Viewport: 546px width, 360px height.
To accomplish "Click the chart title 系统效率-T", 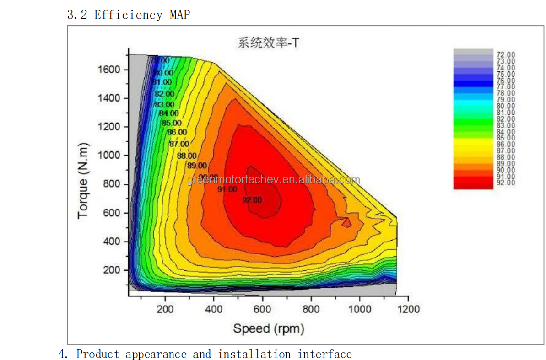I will (x=268, y=43).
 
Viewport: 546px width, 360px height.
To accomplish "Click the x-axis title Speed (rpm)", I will (x=269, y=328).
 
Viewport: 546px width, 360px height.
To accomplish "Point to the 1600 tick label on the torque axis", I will (x=109, y=70).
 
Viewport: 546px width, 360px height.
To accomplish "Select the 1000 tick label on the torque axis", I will (x=109, y=156).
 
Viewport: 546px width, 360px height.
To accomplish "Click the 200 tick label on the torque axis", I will (x=111, y=270).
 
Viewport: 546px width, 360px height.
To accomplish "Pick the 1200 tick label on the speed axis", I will (x=408, y=309).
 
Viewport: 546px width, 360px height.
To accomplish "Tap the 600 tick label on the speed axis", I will (x=262, y=309).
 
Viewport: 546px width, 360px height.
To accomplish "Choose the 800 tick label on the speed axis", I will (x=311, y=309).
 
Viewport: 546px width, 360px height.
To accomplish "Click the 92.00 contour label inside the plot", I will (x=252, y=200).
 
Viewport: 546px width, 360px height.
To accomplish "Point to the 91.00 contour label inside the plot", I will (x=227, y=189).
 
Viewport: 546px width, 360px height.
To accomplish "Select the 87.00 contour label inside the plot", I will (x=179, y=144).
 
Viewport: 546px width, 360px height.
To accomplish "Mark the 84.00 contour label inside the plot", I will (x=169, y=113).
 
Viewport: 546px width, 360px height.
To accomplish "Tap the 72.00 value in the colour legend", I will (x=506, y=55).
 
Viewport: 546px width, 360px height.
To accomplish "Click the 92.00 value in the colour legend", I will (x=506, y=183).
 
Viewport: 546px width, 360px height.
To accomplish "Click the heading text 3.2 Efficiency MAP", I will (x=129, y=15).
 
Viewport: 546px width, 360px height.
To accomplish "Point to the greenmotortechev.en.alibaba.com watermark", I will (x=273, y=180).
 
